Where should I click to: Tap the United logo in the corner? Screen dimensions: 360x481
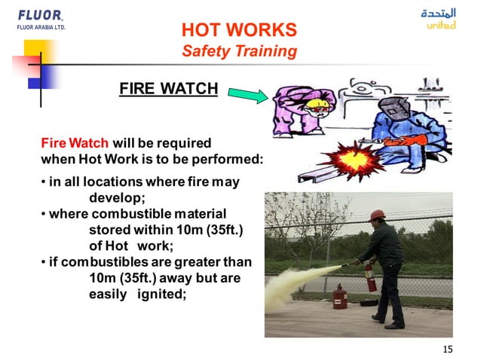click(440, 20)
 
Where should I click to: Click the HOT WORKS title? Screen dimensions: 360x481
click(239, 31)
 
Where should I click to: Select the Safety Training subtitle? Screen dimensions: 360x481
click(239, 51)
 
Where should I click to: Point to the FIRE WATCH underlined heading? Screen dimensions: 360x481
click(168, 90)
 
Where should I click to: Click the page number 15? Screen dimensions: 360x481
click(448, 349)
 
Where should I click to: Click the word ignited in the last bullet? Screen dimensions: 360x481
click(161, 293)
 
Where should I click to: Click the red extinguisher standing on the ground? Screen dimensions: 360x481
click(340, 296)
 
